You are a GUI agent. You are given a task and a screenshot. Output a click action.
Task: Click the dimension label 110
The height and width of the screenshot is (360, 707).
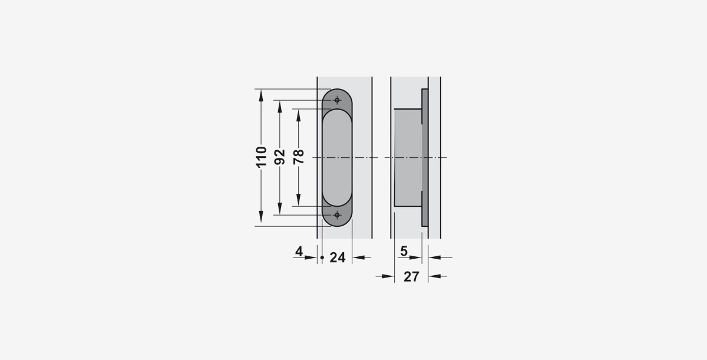click(262, 157)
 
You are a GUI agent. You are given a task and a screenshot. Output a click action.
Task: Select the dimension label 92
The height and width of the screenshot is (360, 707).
click(280, 157)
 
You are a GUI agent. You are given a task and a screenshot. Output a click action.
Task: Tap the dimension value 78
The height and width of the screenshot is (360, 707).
click(299, 157)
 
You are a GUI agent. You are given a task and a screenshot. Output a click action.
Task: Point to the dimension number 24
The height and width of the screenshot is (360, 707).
click(338, 257)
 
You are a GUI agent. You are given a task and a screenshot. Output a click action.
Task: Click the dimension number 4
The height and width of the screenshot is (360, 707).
click(299, 252)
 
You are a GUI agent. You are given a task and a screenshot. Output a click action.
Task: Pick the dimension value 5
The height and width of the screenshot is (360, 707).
click(404, 251)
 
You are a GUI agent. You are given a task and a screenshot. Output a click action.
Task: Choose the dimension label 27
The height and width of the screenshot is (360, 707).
click(411, 277)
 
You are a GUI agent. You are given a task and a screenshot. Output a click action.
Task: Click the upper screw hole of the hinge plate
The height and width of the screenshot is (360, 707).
click(337, 100)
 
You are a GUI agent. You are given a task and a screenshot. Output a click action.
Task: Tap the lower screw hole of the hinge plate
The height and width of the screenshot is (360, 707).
click(337, 215)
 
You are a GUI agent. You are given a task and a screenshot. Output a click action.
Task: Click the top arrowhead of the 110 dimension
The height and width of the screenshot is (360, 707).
click(261, 95)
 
